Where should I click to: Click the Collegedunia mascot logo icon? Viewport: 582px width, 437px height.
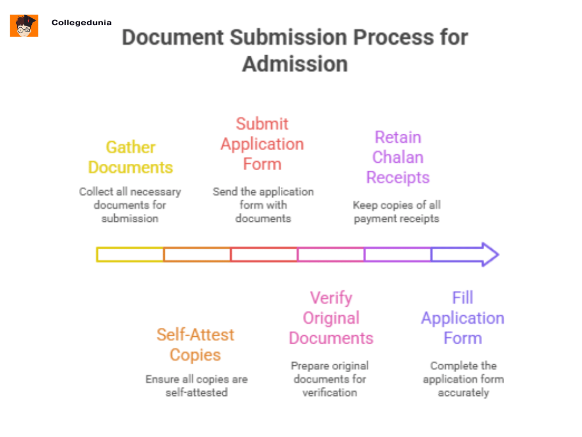click(x=24, y=26)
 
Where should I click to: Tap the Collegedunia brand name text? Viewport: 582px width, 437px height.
click(x=81, y=23)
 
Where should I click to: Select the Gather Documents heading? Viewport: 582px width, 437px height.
click(x=130, y=157)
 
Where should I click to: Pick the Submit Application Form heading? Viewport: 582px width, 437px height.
click(x=262, y=144)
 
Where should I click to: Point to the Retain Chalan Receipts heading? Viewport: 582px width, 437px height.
click(x=397, y=158)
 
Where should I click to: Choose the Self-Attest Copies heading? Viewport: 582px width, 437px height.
click(x=195, y=345)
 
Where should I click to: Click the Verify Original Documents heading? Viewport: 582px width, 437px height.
click(x=331, y=318)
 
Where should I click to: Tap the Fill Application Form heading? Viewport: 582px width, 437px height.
click(x=463, y=318)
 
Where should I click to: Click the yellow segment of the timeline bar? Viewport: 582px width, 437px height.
click(x=130, y=254)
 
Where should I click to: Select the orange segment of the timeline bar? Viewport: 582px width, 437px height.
click(x=197, y=254)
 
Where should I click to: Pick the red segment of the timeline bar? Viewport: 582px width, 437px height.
click(x=264, y=254)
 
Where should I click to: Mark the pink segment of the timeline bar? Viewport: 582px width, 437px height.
click(x=331, y=254)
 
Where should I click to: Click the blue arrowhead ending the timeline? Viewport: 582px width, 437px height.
click(x=489, y=254)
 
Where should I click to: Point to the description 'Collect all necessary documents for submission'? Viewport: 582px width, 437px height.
click(x=130, y=205)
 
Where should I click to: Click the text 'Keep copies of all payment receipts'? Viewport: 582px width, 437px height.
click(x=397, y=212)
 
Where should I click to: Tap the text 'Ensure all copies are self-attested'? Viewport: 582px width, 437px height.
click(x=196, y=385)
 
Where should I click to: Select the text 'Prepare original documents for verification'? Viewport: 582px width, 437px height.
click(x=330, y=379)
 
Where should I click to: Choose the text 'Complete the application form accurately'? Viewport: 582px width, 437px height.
click(x=463, y=379)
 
